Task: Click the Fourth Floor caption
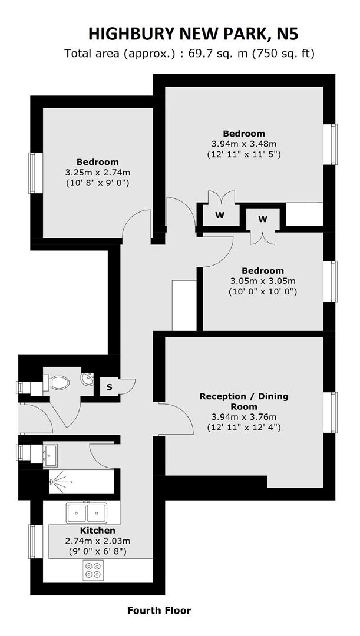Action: point(159,611)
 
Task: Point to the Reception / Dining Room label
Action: point(244,401)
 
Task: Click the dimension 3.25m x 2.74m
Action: point(97,173)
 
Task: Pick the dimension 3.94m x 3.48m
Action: point(244,144)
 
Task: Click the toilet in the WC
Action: point(59,382)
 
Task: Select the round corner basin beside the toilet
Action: point(87,379)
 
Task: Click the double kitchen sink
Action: point(87,512)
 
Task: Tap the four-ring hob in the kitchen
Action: point(93,569)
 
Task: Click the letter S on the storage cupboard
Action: point(109,387)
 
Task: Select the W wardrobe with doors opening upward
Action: point(220,215)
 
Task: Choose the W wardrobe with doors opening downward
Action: point(263,219)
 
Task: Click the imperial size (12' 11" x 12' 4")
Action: point(244,428)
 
